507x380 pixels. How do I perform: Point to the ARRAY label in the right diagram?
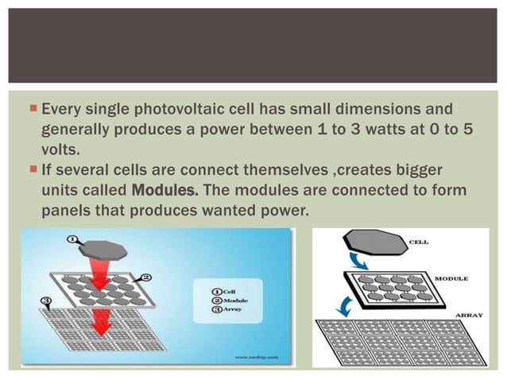[468, 315]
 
